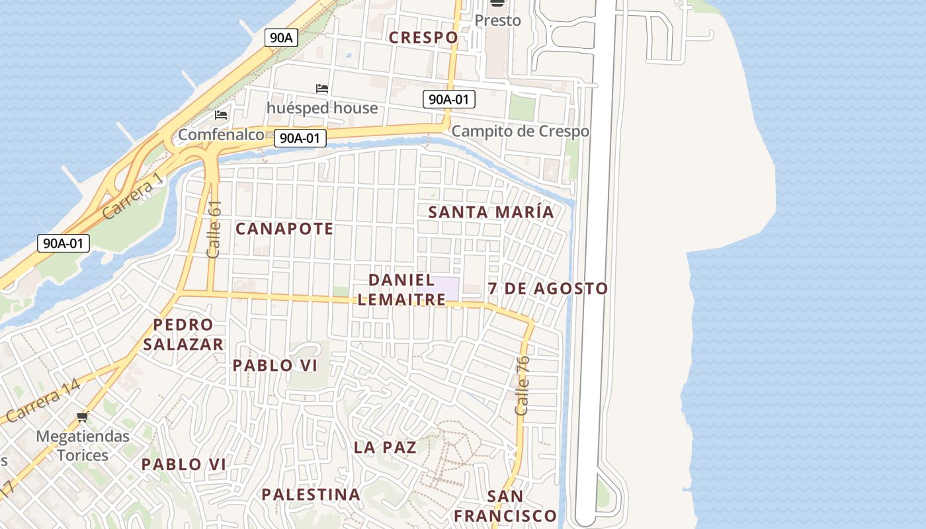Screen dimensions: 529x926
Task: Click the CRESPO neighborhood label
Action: [423, 38]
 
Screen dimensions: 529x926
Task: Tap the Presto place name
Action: [497, 20]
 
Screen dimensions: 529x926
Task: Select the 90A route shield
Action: [281, 38]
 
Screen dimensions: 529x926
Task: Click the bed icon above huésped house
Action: [322, 89]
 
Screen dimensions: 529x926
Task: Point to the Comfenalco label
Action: [221, 135]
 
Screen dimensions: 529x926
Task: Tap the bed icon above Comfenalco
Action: [221, 115]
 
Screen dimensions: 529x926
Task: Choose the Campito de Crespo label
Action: [520, 131]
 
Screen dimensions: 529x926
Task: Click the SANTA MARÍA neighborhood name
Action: [491, 212]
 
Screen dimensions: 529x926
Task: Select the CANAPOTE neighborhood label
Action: [284, 229]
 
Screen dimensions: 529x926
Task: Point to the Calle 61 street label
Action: [214, 229]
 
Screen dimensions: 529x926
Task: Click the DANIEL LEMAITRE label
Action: [401, 290]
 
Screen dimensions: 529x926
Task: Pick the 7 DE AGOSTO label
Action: [548, 288]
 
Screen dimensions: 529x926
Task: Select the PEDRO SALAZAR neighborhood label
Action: [183, 335]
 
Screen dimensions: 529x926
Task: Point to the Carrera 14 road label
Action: [44, 401]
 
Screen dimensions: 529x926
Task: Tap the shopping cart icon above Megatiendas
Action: [83, 417]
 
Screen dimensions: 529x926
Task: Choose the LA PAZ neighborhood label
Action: [385, 447]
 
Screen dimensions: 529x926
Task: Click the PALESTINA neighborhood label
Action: [310, 494]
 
